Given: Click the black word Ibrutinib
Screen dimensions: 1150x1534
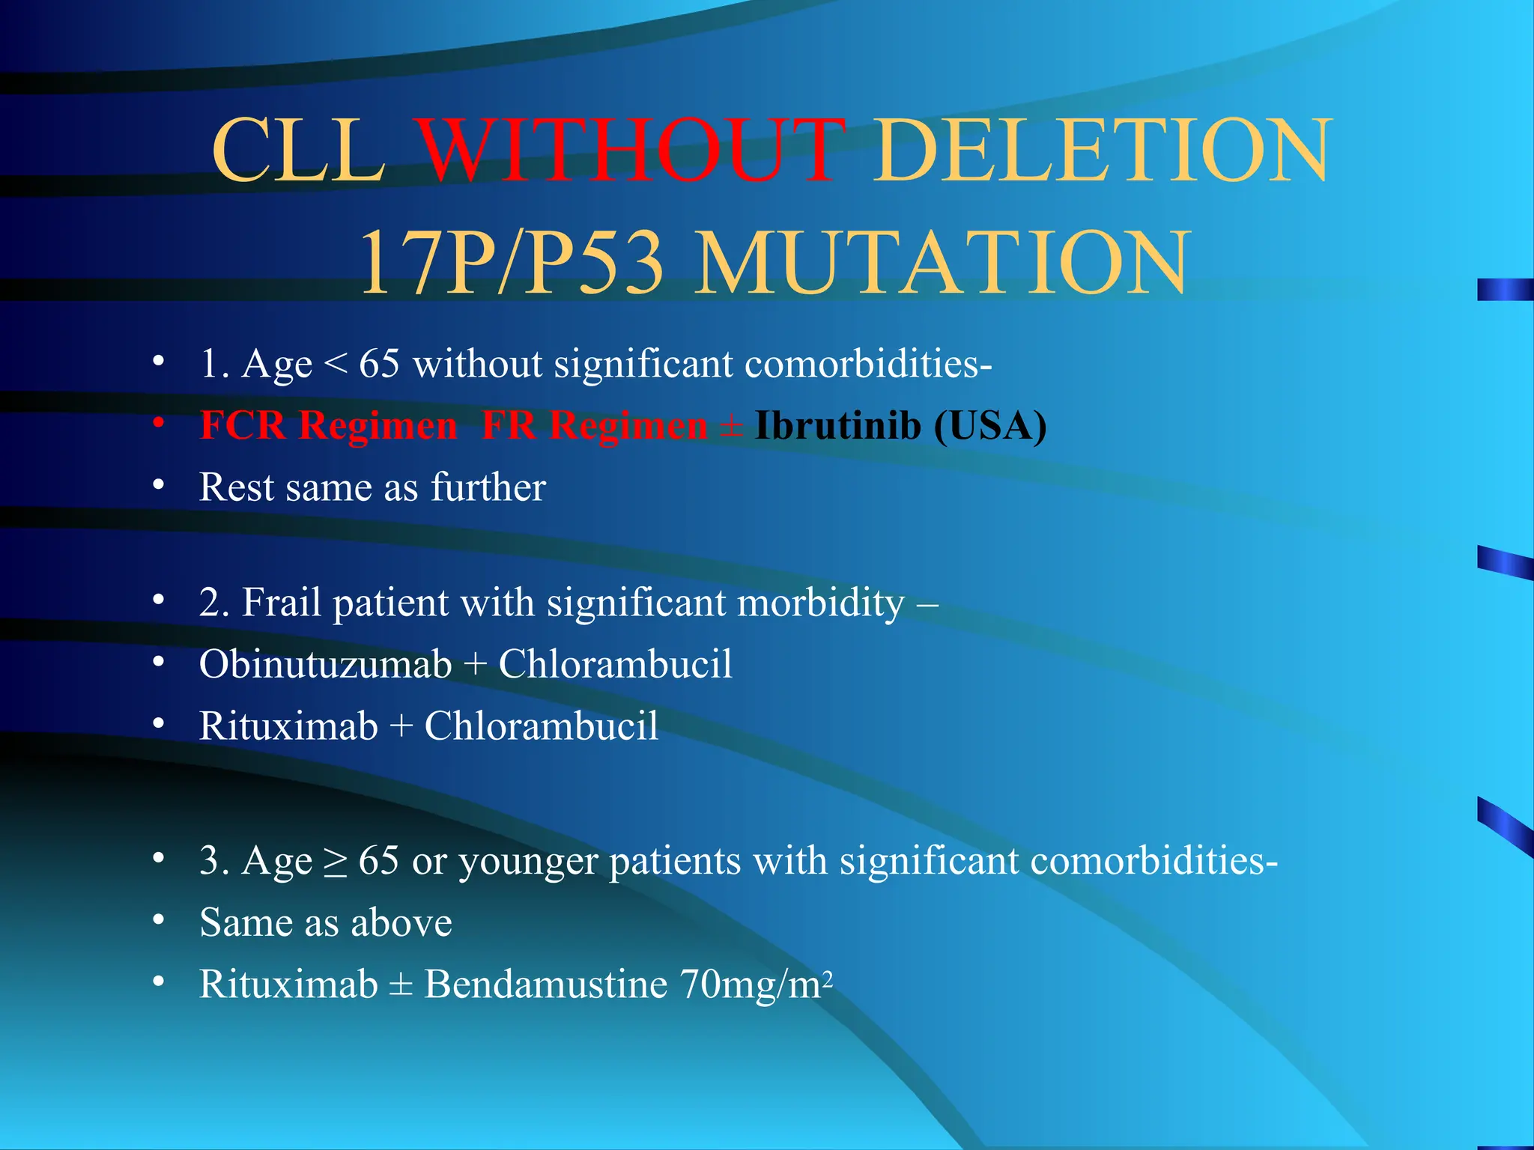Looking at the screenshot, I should [837, 425].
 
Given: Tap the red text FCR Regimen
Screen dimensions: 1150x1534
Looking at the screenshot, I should [328, 425].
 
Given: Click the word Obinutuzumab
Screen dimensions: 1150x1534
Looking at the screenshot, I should [325, 664].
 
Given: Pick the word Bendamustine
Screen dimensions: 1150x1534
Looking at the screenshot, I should [545, 984].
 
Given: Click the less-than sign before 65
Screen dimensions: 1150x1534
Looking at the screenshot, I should [335, 365].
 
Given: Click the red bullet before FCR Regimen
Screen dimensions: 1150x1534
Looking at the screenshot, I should [158, 424].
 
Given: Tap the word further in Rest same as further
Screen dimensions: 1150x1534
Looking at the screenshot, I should [488, 487].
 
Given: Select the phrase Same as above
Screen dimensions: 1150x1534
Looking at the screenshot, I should [325, 922].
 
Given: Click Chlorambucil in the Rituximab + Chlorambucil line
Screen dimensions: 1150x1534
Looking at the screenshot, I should [541, 725].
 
